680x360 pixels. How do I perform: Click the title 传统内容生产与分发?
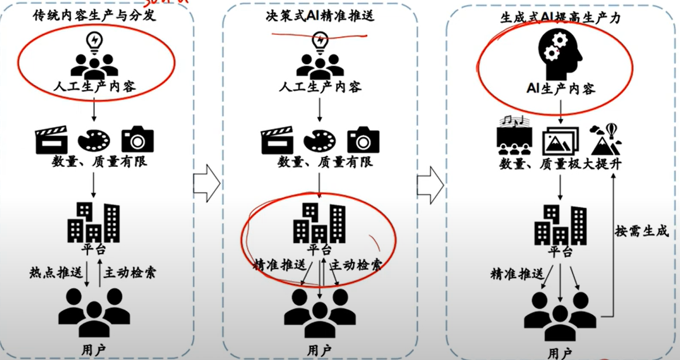(94, 17)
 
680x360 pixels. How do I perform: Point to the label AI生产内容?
(560, 89)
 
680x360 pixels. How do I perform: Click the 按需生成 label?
(642, 232)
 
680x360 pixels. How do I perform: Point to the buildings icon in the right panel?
(560, 224)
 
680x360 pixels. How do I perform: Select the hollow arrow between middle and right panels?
(430, 183)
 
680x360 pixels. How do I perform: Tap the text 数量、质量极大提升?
(560, 165)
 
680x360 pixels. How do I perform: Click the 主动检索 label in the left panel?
(130, 273)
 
